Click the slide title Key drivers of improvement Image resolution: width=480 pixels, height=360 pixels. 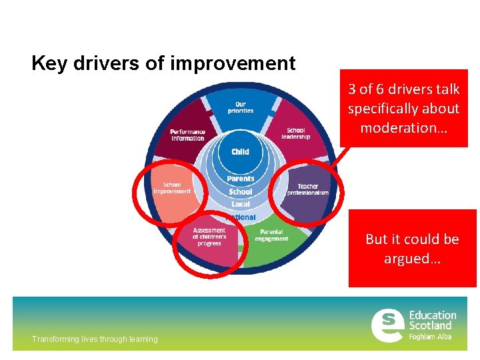(163, 63)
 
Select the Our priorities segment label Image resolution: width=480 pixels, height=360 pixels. (241, 107)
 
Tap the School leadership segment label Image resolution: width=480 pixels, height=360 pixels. (295, 133)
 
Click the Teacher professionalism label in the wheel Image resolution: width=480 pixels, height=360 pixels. (308, 189)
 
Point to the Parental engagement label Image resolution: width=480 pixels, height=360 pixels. (271, 235)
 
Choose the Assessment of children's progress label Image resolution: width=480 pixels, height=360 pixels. (209, 237)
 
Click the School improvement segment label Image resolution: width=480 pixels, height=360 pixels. (172, 188)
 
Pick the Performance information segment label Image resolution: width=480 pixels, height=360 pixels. (187, 135)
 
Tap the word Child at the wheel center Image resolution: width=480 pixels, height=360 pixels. (241, 151)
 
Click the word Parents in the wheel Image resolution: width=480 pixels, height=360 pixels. (241, 179)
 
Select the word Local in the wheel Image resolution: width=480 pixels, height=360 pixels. (241, 204)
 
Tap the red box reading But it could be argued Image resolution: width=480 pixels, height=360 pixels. (412, 248)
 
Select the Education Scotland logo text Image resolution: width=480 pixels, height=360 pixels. (433, 320)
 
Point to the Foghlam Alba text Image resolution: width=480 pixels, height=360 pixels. (430, 337)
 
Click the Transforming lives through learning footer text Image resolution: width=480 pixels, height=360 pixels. (95, 339)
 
